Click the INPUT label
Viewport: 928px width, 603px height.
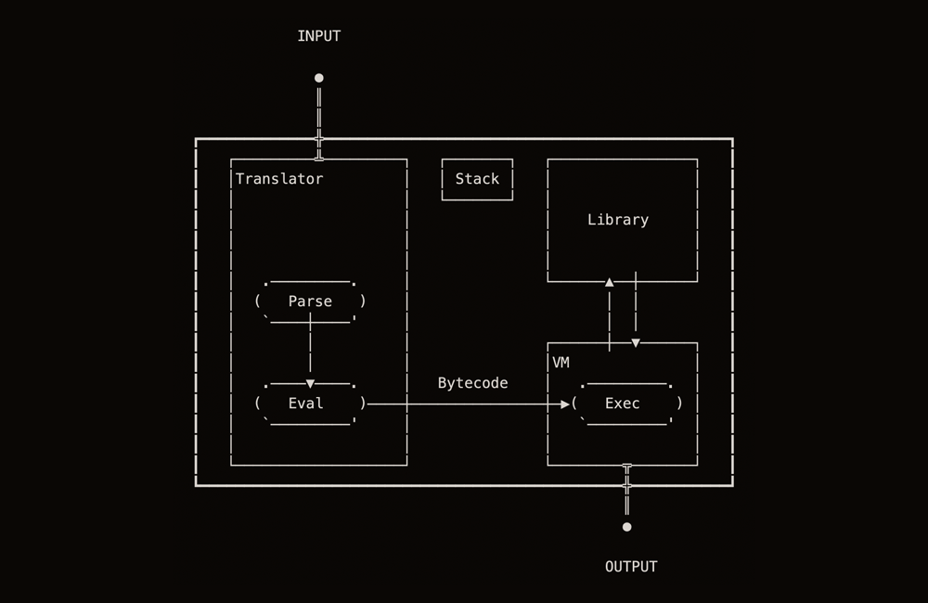click(318, 36)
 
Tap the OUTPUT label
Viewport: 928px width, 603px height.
click(631, 567)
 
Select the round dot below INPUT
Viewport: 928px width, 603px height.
click(319, 78)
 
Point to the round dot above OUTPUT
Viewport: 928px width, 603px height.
click(627, 527)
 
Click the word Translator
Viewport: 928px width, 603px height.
click(279, 179)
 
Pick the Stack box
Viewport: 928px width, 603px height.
click(477, 179)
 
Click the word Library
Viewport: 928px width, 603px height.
click(618, 220)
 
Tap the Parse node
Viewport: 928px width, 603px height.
click(310, 301)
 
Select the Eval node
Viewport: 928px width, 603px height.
click(306, 404)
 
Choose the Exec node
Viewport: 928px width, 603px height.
click(623, 404)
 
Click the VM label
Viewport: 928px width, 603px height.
click(561, 363)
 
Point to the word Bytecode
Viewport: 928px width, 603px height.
click(472, 383)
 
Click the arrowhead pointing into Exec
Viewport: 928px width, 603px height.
click(564, 404)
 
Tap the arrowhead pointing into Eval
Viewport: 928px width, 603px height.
click(310, 383)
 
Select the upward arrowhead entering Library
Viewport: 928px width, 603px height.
click(610, 282)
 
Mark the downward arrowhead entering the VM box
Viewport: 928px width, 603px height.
click(636, 342)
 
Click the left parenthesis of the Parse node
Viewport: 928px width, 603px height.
click(257, 301)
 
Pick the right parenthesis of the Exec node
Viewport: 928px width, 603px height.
click(679, 404)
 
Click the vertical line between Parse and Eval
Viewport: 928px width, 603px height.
click(310, 348)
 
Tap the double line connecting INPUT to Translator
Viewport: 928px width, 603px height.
click(319, 111)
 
